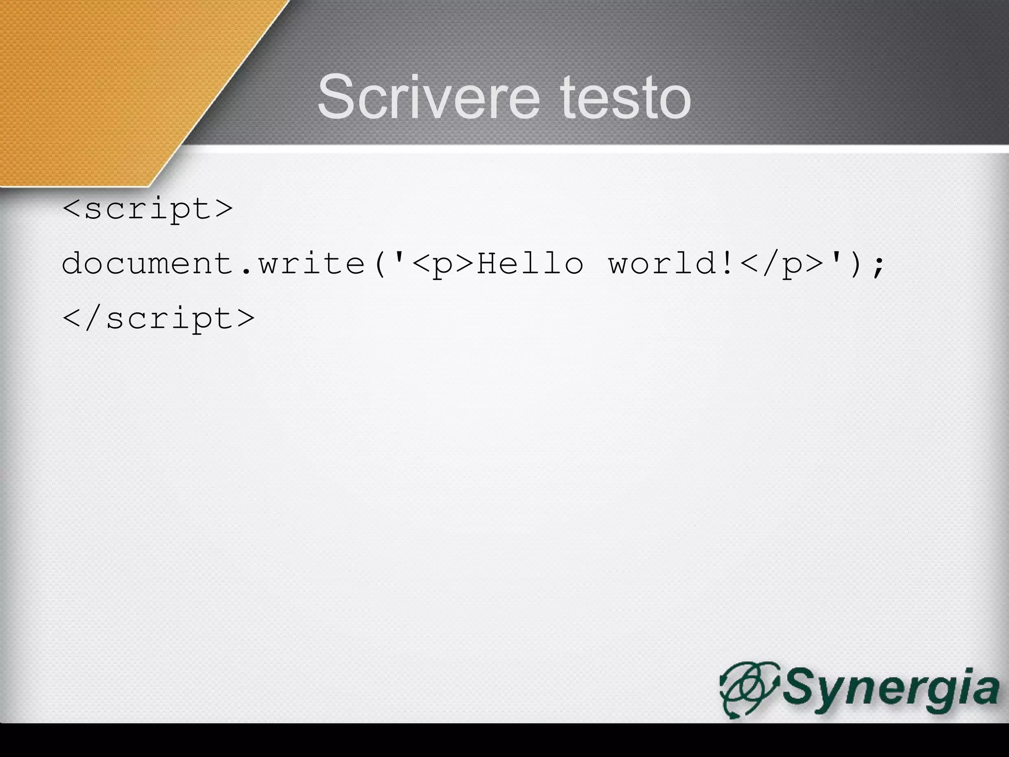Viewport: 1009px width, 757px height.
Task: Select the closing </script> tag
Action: click(159, 318)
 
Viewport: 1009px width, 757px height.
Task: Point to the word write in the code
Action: click(312, 264)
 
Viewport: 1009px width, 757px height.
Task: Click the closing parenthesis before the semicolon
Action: click(855, 264)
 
